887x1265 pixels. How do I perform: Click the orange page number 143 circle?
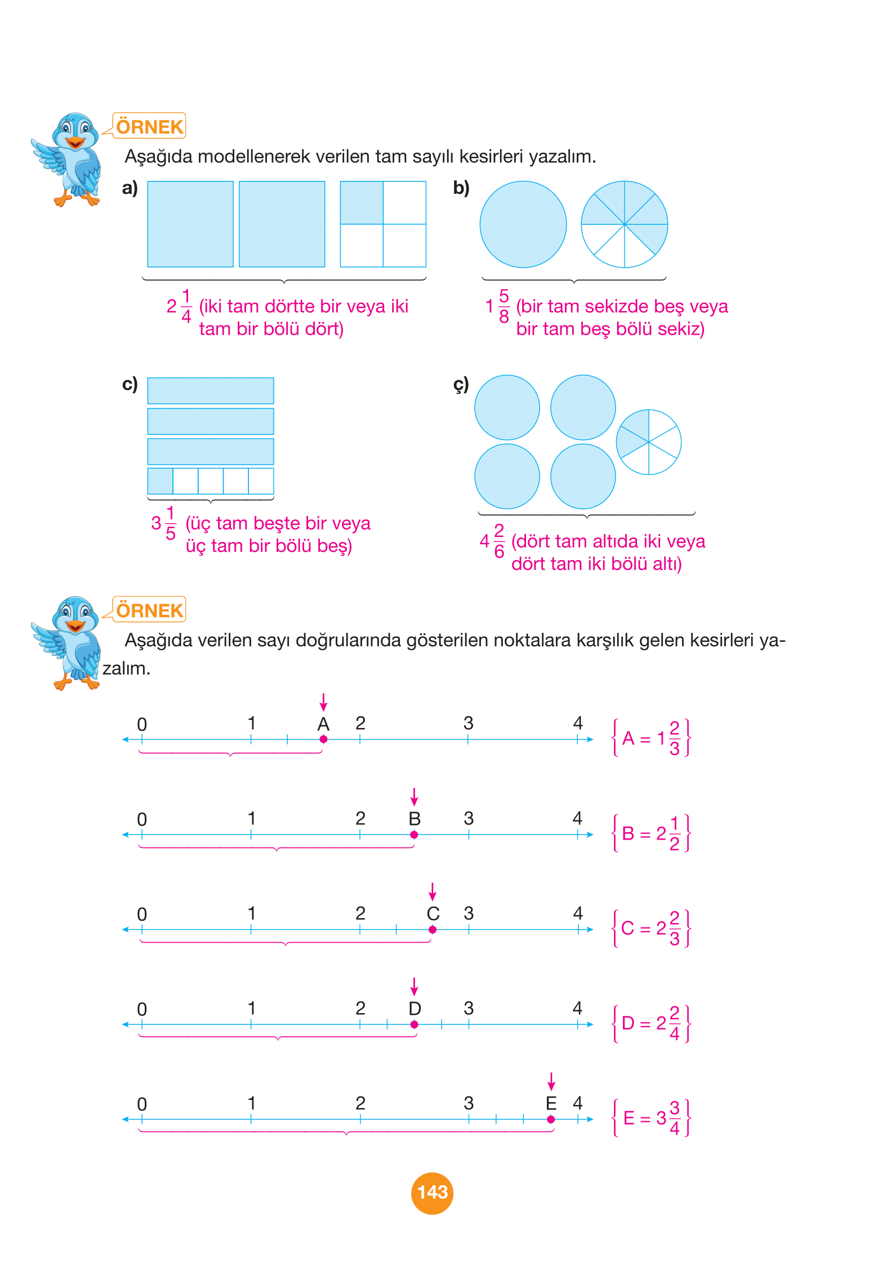click(x=432, y=1192)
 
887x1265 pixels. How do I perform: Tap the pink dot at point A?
click(x=323, y=739)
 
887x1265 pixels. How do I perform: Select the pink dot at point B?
click(x=414, y=835)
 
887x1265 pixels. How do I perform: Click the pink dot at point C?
click(x=433, y=929)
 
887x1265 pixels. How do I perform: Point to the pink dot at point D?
click(x=414, y=1024)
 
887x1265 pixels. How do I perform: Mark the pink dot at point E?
click(x=551, y=1119)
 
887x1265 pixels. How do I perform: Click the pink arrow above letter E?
click(x=551, y=1081)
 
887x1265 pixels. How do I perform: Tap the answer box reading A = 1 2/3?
click(x=651, y=738)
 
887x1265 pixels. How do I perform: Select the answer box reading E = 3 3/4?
click(x=651, y=1118)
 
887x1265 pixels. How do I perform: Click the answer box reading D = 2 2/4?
click(x=651, y=1023)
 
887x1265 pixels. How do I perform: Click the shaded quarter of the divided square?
click(x=362, y=203)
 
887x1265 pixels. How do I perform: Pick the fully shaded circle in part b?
click(x=523, y=224)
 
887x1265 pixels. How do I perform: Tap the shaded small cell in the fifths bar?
click(x=161, y=481)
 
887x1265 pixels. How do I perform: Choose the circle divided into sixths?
click(x=649, y=442)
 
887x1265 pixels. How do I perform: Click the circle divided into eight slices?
click(x=624, y=224)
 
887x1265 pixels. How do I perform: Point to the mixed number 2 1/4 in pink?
click(x=180, y=306)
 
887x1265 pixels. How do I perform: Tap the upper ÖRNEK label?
click(x=149, y=126)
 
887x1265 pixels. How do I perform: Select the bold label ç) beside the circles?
click(x=461, y=385)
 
